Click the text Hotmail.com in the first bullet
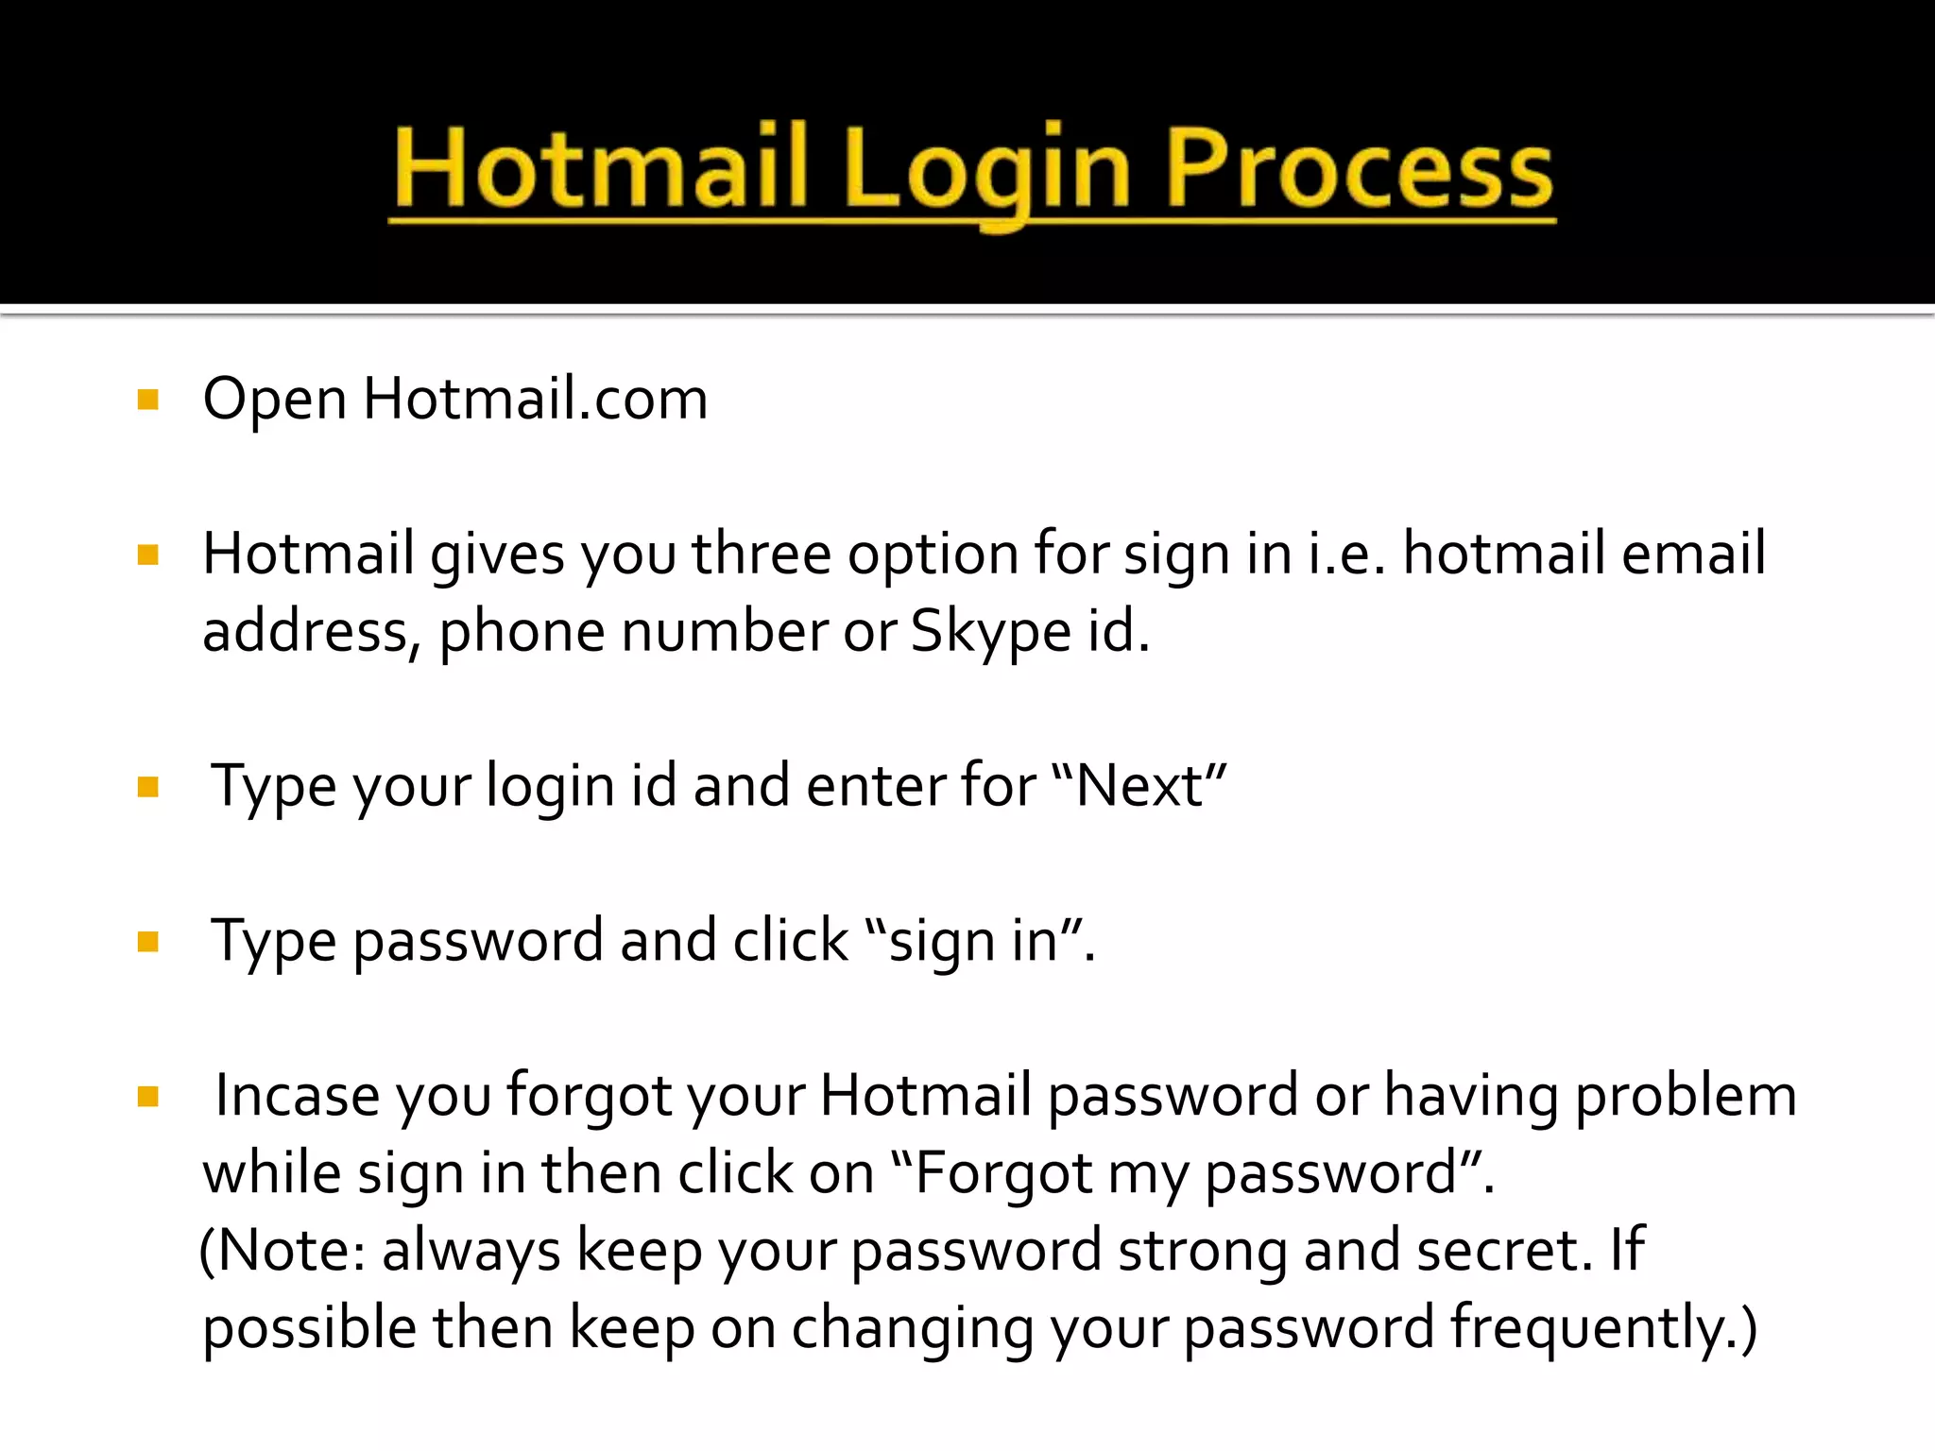pos(535,398)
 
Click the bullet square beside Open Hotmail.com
pos(148,399)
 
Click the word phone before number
pos(522,633)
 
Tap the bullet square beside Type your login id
pos(148,787)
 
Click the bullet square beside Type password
pos(148,942)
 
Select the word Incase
pos(298,1096)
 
